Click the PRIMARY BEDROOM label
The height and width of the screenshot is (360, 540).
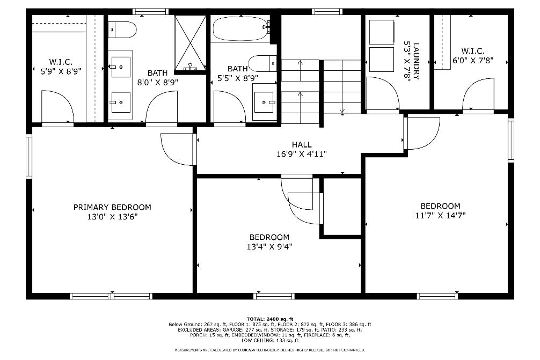click(112, 207)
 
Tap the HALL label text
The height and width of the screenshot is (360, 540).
click(302, 144)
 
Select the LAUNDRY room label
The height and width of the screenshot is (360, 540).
click(416, 61)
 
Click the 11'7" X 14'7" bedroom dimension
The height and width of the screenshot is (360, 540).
click(441, 216)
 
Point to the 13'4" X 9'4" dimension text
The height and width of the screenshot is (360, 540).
click(269, 246)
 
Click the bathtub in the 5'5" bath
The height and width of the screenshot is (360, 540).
click(240, 30)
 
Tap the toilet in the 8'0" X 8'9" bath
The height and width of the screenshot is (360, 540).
click(122, 30)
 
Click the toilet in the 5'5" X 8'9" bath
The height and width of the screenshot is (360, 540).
click(263, 63)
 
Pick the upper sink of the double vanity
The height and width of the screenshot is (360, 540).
click(121, 67)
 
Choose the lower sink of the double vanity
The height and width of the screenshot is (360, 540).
click(121, 102)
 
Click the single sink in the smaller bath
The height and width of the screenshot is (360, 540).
click(265, 102)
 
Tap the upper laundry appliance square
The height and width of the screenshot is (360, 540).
click(382, 32)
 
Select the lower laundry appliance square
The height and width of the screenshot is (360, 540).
click(382, 59)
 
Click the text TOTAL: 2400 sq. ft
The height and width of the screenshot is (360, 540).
click(270, 319)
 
